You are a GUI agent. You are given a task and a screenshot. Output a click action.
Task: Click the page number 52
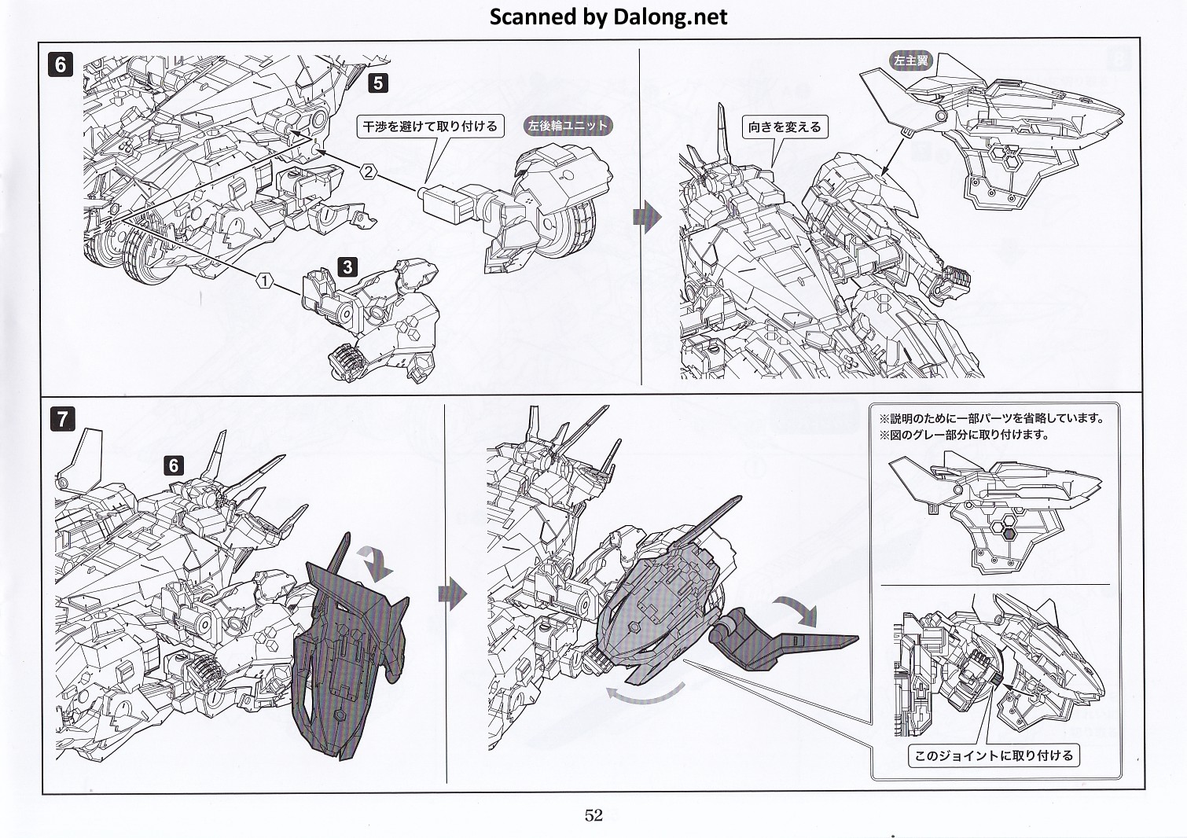pos(593,815)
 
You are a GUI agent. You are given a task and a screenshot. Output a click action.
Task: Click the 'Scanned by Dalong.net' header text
pos(608,17)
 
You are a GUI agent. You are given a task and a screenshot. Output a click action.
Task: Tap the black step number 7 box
pos(62,418)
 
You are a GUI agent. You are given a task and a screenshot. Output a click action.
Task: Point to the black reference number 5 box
pos(378,83)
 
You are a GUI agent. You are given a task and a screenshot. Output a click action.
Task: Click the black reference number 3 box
pos(347,266)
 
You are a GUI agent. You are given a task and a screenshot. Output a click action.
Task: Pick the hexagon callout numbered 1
pos(266,280)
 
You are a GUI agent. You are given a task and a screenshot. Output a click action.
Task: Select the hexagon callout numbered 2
pos(368,171)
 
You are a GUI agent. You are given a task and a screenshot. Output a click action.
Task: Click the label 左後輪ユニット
pos(568,126)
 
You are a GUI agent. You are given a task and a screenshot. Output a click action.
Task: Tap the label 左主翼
pos(910,61)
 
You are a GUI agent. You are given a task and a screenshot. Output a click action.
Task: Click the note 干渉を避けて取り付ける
pos(430,126)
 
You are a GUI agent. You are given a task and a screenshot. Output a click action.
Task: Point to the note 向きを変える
pos(785,127)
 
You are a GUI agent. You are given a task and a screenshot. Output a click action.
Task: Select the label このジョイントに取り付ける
pos(994,755)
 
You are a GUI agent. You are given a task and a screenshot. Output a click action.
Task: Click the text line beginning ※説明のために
pos(991,418)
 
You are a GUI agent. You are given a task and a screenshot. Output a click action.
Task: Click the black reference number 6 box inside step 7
pos(174,465)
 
